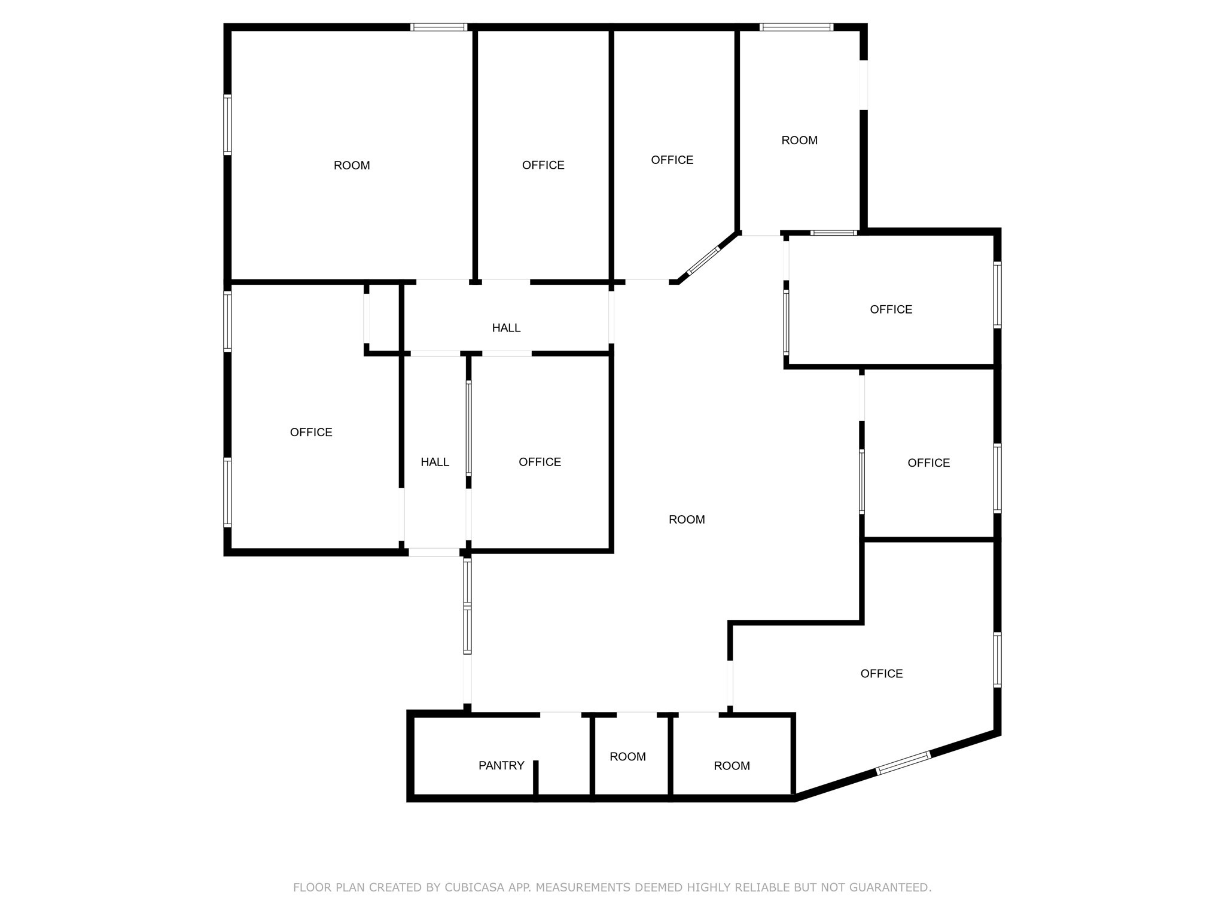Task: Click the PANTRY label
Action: pos(501,765)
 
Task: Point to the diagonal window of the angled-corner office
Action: pos(703,261)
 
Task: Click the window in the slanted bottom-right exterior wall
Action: pos(903,763)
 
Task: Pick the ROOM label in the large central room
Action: pos(687,519)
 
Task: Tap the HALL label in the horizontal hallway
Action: pos(506,328)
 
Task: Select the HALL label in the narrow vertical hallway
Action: pos(435,462)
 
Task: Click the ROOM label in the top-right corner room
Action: pos(799,141)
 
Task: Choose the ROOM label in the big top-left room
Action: pos(352,166)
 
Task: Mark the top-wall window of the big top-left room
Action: pos(438,27)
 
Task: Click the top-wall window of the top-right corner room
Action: pos(796,27)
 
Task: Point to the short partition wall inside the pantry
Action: pos(536,778)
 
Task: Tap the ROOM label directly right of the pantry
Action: pos(627,757)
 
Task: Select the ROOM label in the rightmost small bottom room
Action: pos(732,766)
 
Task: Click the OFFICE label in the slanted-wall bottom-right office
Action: pos(881,674)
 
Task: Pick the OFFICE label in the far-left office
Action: pos(311,433)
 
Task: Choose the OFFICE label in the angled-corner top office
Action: pos(672,160)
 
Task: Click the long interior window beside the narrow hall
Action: pos(469,428)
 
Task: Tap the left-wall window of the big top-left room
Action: pos(227,124)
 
